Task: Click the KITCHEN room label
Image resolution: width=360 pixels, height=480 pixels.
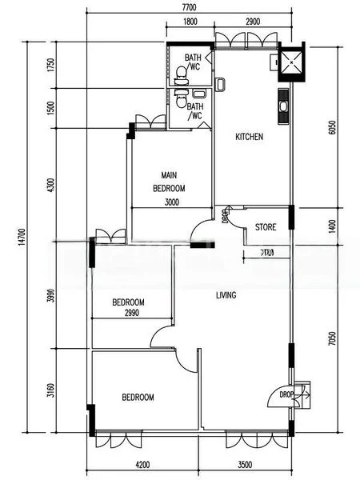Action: [249, 137]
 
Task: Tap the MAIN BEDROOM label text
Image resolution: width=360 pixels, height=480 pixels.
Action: [169, 182]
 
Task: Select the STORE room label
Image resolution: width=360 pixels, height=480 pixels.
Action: [266, 227]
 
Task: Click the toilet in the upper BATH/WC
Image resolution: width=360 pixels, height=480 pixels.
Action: [182, 74]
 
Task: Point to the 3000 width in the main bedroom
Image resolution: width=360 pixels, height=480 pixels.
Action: [171, 202]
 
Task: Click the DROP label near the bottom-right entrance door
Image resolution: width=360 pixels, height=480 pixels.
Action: [286, 395]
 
